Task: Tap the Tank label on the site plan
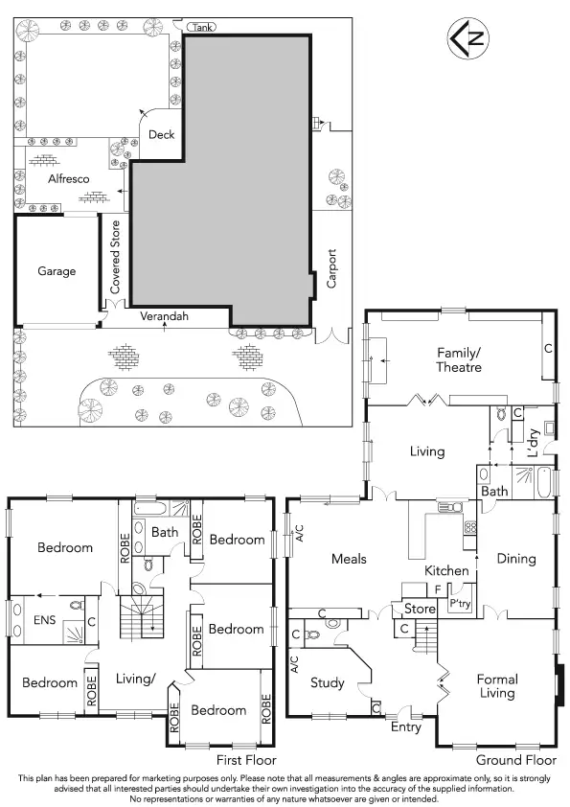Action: point(200,28)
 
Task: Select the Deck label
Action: point(162,135)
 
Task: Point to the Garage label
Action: point(57,271)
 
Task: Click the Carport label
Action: point(332,269)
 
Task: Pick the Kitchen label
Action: point(447,571)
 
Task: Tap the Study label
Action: point(328,683)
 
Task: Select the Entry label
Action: point(405,727)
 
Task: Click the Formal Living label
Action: point(497,686)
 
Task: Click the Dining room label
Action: point(515,559)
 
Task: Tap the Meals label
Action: point(351,559)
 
